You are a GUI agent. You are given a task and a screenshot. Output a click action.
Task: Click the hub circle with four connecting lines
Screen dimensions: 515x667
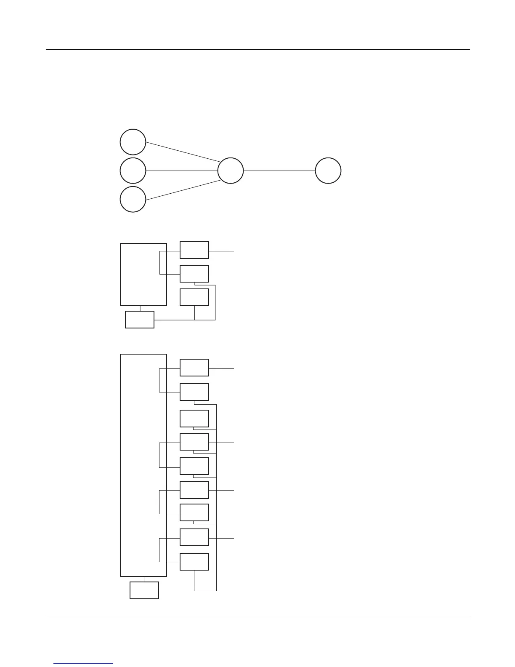[231, 171]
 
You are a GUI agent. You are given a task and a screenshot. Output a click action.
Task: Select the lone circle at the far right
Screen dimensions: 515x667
[328, 171]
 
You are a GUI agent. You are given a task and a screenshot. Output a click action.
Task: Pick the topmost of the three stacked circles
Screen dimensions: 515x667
[133, 142]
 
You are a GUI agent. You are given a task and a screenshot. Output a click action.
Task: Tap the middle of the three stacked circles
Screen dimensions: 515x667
[133, 171]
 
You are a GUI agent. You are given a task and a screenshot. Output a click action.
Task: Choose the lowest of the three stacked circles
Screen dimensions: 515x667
[133, 199]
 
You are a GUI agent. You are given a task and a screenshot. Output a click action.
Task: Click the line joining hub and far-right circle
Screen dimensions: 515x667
[279, 171]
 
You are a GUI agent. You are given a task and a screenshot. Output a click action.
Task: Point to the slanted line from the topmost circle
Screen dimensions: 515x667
[183, 152]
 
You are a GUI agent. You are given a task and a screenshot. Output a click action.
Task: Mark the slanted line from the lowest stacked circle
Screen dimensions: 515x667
[183, 190]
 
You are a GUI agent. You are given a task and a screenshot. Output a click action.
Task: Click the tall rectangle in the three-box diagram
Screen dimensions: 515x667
[143, 274]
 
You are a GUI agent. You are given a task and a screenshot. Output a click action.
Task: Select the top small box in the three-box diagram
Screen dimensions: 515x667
[194, 250]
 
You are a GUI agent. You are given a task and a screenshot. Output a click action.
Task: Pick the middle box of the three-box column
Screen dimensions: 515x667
[194, 274]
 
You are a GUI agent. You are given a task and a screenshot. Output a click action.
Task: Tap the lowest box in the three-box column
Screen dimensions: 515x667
[194, 297]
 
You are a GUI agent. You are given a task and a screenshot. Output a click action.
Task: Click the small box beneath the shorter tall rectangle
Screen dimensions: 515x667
[140, 320]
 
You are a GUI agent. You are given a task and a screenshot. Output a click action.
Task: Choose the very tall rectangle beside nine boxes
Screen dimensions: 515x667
[143, 465]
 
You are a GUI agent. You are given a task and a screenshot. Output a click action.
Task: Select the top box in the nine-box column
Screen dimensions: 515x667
[194, 368]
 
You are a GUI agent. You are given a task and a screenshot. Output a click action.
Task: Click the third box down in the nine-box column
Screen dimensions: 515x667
[194, 419]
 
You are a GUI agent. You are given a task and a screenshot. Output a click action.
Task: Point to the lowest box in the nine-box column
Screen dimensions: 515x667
[194, 562]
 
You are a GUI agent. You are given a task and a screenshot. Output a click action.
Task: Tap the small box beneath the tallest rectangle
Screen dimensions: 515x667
[144, 590]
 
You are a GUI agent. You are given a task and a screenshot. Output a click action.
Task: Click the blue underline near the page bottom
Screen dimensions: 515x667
[84, 663]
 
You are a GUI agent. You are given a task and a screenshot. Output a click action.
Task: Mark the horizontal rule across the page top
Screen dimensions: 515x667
[257, 50]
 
